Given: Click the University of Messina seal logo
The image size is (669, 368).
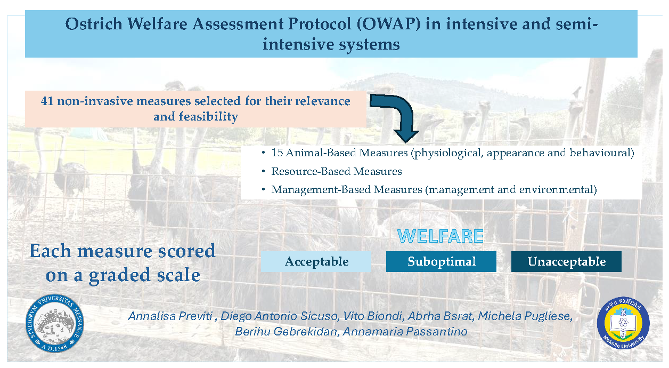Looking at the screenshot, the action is tap(55, 323).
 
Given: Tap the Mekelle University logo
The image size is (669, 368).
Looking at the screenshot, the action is tap(623, 323).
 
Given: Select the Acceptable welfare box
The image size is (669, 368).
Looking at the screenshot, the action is tap(316, 261).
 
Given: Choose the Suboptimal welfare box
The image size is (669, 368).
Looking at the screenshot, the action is tap(441, 261).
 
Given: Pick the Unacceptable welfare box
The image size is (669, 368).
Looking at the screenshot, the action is tap(566, 261).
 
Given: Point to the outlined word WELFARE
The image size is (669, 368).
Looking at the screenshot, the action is tap(440, 236).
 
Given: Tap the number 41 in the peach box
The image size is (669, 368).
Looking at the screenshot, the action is tap(47, 101).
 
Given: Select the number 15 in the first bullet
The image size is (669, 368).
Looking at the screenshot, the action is tap(277, 153).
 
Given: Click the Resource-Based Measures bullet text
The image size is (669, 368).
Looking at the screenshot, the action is tap(336, 171).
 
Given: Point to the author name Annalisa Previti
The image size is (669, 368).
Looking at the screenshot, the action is tap(170, 316).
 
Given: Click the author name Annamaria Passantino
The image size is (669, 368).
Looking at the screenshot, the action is tap(405, 332).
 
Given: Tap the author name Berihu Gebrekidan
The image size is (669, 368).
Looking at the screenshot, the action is tap(286, 332).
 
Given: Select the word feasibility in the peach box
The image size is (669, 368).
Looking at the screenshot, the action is tap(208, 117).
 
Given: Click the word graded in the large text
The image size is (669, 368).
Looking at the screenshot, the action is tap(119, 276).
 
